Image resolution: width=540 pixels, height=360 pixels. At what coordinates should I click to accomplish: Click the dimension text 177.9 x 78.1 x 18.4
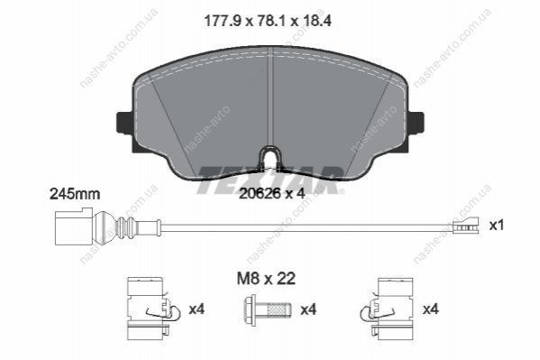click(268, 21)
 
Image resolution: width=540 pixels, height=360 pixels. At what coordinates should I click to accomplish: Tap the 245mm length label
click(75, 194)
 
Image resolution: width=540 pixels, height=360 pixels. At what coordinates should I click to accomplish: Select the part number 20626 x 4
click(272, 193)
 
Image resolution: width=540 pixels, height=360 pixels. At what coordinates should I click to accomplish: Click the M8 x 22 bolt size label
click(266, 278)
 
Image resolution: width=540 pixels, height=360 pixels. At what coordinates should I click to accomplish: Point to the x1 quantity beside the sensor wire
click(496, 226)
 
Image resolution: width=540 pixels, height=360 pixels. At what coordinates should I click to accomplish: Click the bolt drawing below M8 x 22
click(267, 310)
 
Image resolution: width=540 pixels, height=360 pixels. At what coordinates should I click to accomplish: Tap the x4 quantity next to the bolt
click(308, 309)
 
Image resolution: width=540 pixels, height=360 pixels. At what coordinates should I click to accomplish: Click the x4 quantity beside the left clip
click(197, 309)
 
